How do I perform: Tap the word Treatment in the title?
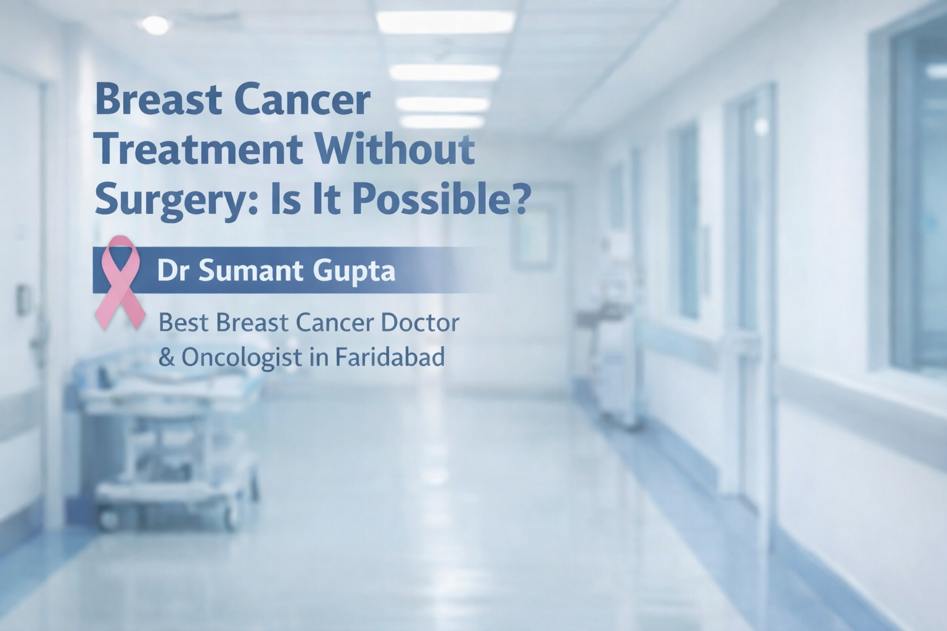coord(199,149)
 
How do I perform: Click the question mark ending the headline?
coord(523,198)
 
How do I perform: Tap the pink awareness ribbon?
coord(120,282)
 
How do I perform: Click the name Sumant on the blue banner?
coord(251,271)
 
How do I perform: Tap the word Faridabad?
coord(390,356)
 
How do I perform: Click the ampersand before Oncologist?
coord(166,357)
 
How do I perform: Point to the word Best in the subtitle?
coord(184,323)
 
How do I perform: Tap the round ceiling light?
coord(155,25)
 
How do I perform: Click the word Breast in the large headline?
coord(159,100)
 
